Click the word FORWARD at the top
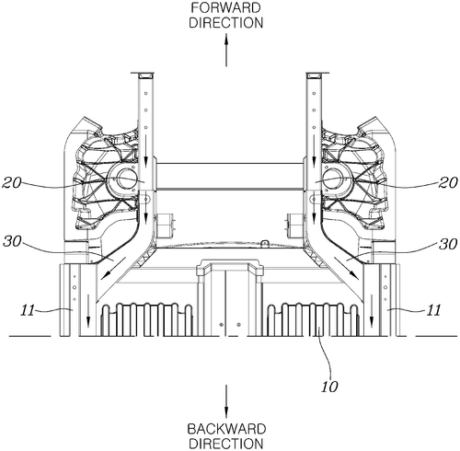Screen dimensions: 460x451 tap(226, 8)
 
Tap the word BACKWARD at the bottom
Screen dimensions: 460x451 tap(226, 429)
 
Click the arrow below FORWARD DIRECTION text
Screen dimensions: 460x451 tap(226, 50)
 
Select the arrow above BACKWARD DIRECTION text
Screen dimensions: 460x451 tap(226, 401)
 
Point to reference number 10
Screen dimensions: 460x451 tap(329, 387)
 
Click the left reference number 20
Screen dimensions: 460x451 tap(12, 183)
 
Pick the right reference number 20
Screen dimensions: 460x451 tap(449, 183)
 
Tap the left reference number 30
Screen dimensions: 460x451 tap(12, 242)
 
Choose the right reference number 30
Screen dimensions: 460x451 tap(449, 245)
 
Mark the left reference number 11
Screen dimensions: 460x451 tap(29, 310)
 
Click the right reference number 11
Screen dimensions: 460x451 tap(433, 310)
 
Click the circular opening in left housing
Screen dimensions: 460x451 tap(126, 179)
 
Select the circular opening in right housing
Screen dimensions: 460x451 tap(333, 179)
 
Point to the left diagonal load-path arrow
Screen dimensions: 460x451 tap(113, 268)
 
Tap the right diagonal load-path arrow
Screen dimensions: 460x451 tap(346, 268)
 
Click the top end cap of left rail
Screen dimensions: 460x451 tap(143, 75)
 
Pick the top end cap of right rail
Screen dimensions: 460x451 tap(317, 75)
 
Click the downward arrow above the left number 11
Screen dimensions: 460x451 tap(88, 310)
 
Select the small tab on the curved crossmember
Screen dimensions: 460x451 tap(264, 243)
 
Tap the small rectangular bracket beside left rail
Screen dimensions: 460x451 tap(165, 225)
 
